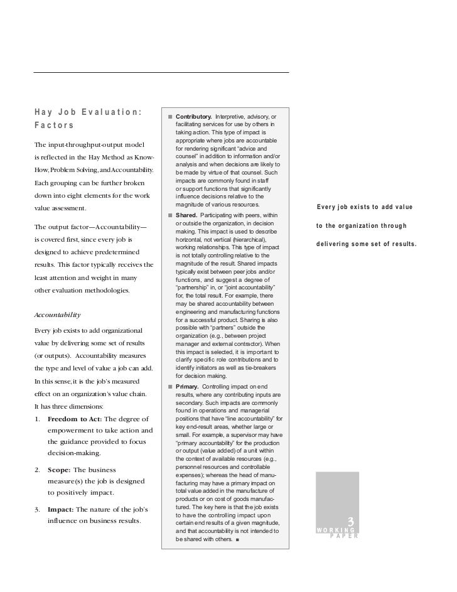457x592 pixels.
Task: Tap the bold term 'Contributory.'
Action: (x=193, y=117)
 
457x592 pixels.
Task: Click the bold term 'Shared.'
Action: (x=186, y=216)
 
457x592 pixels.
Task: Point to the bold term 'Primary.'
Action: (x=188, y=386)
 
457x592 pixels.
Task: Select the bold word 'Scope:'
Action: (x=60, y=470)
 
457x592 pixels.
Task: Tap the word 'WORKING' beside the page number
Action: (x=336, y=531)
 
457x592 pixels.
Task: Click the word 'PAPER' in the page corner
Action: (x=343, y=537)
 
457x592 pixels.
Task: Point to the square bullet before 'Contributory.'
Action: (x=169, y=117)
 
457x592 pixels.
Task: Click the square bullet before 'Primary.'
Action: (x=169, y=386)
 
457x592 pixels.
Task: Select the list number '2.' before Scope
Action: (x=38, y=470)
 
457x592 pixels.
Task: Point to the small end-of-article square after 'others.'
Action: (x=238, y=540)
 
